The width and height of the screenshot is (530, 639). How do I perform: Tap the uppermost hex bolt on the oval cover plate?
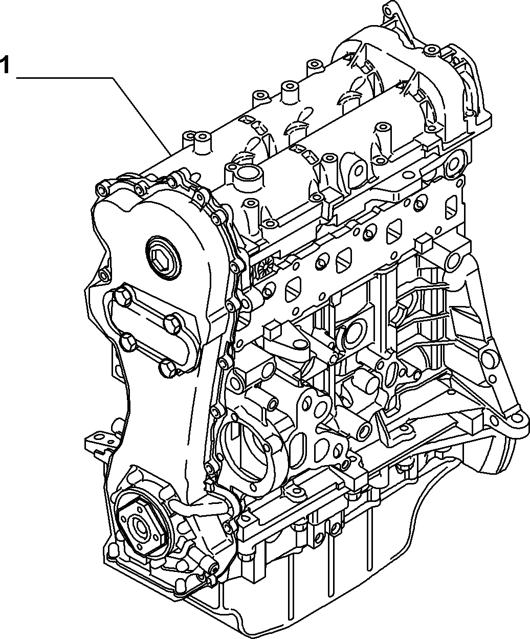tap(123, 295)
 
